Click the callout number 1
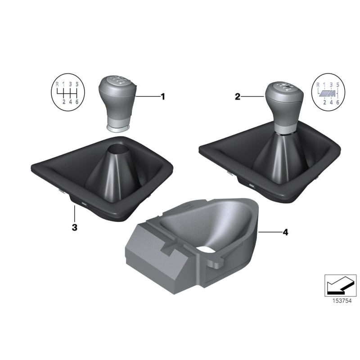(163, 97)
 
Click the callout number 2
(238, 97)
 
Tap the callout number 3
(75, 228)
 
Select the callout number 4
(285, 232)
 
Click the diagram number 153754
(342, 301)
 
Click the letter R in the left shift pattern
(58, 84)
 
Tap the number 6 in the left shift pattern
(77, 102)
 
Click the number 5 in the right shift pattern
(337, 85)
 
